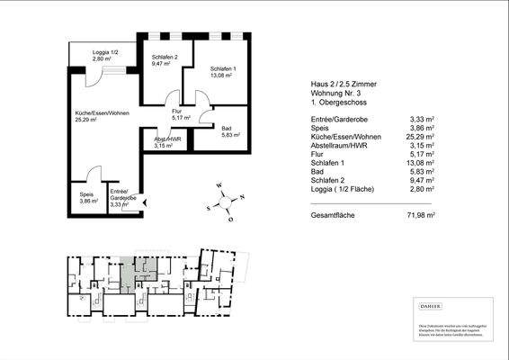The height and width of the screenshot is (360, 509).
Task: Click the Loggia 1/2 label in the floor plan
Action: point(105,54)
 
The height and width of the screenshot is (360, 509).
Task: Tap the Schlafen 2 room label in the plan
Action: point(165,58)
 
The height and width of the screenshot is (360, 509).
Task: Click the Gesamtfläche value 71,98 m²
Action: point(421,216)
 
